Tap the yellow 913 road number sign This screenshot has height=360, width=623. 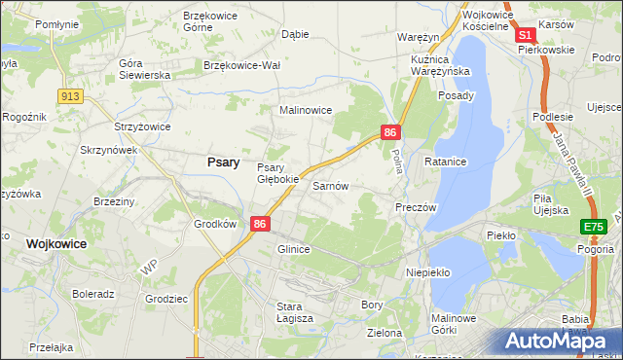(69, 95)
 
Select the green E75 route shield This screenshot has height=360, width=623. (593, 227)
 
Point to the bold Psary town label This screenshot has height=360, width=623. (224, 162)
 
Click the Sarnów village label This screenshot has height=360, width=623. (330, 185)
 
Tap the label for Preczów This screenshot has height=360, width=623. (416, 207)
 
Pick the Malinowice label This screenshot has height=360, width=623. (307, 111)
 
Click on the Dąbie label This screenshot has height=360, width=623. (294, 33)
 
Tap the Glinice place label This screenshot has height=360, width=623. (293, 249)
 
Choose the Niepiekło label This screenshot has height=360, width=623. (427, 273)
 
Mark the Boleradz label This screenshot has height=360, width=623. (93, 293)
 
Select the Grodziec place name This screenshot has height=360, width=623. (165, 299)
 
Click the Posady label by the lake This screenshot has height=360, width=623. (456, 95)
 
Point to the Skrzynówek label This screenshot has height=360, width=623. (108, 151)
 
